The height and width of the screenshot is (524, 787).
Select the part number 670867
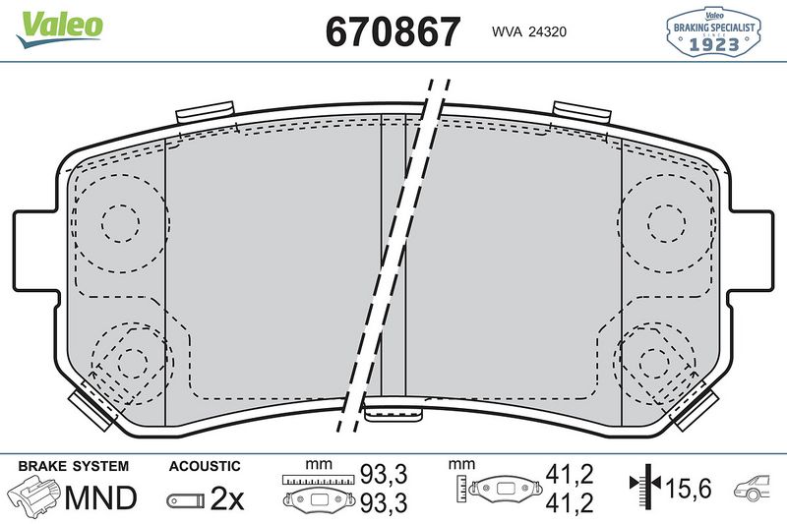tap(393, 31)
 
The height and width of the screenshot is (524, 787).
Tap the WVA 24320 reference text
tap(528, 31)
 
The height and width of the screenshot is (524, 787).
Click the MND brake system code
tap(100, 498)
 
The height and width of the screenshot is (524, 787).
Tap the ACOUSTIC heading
tap(205, 466)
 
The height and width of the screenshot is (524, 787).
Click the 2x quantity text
tap(227, 498)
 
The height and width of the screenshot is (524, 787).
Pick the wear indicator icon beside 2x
tap(185, 499)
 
